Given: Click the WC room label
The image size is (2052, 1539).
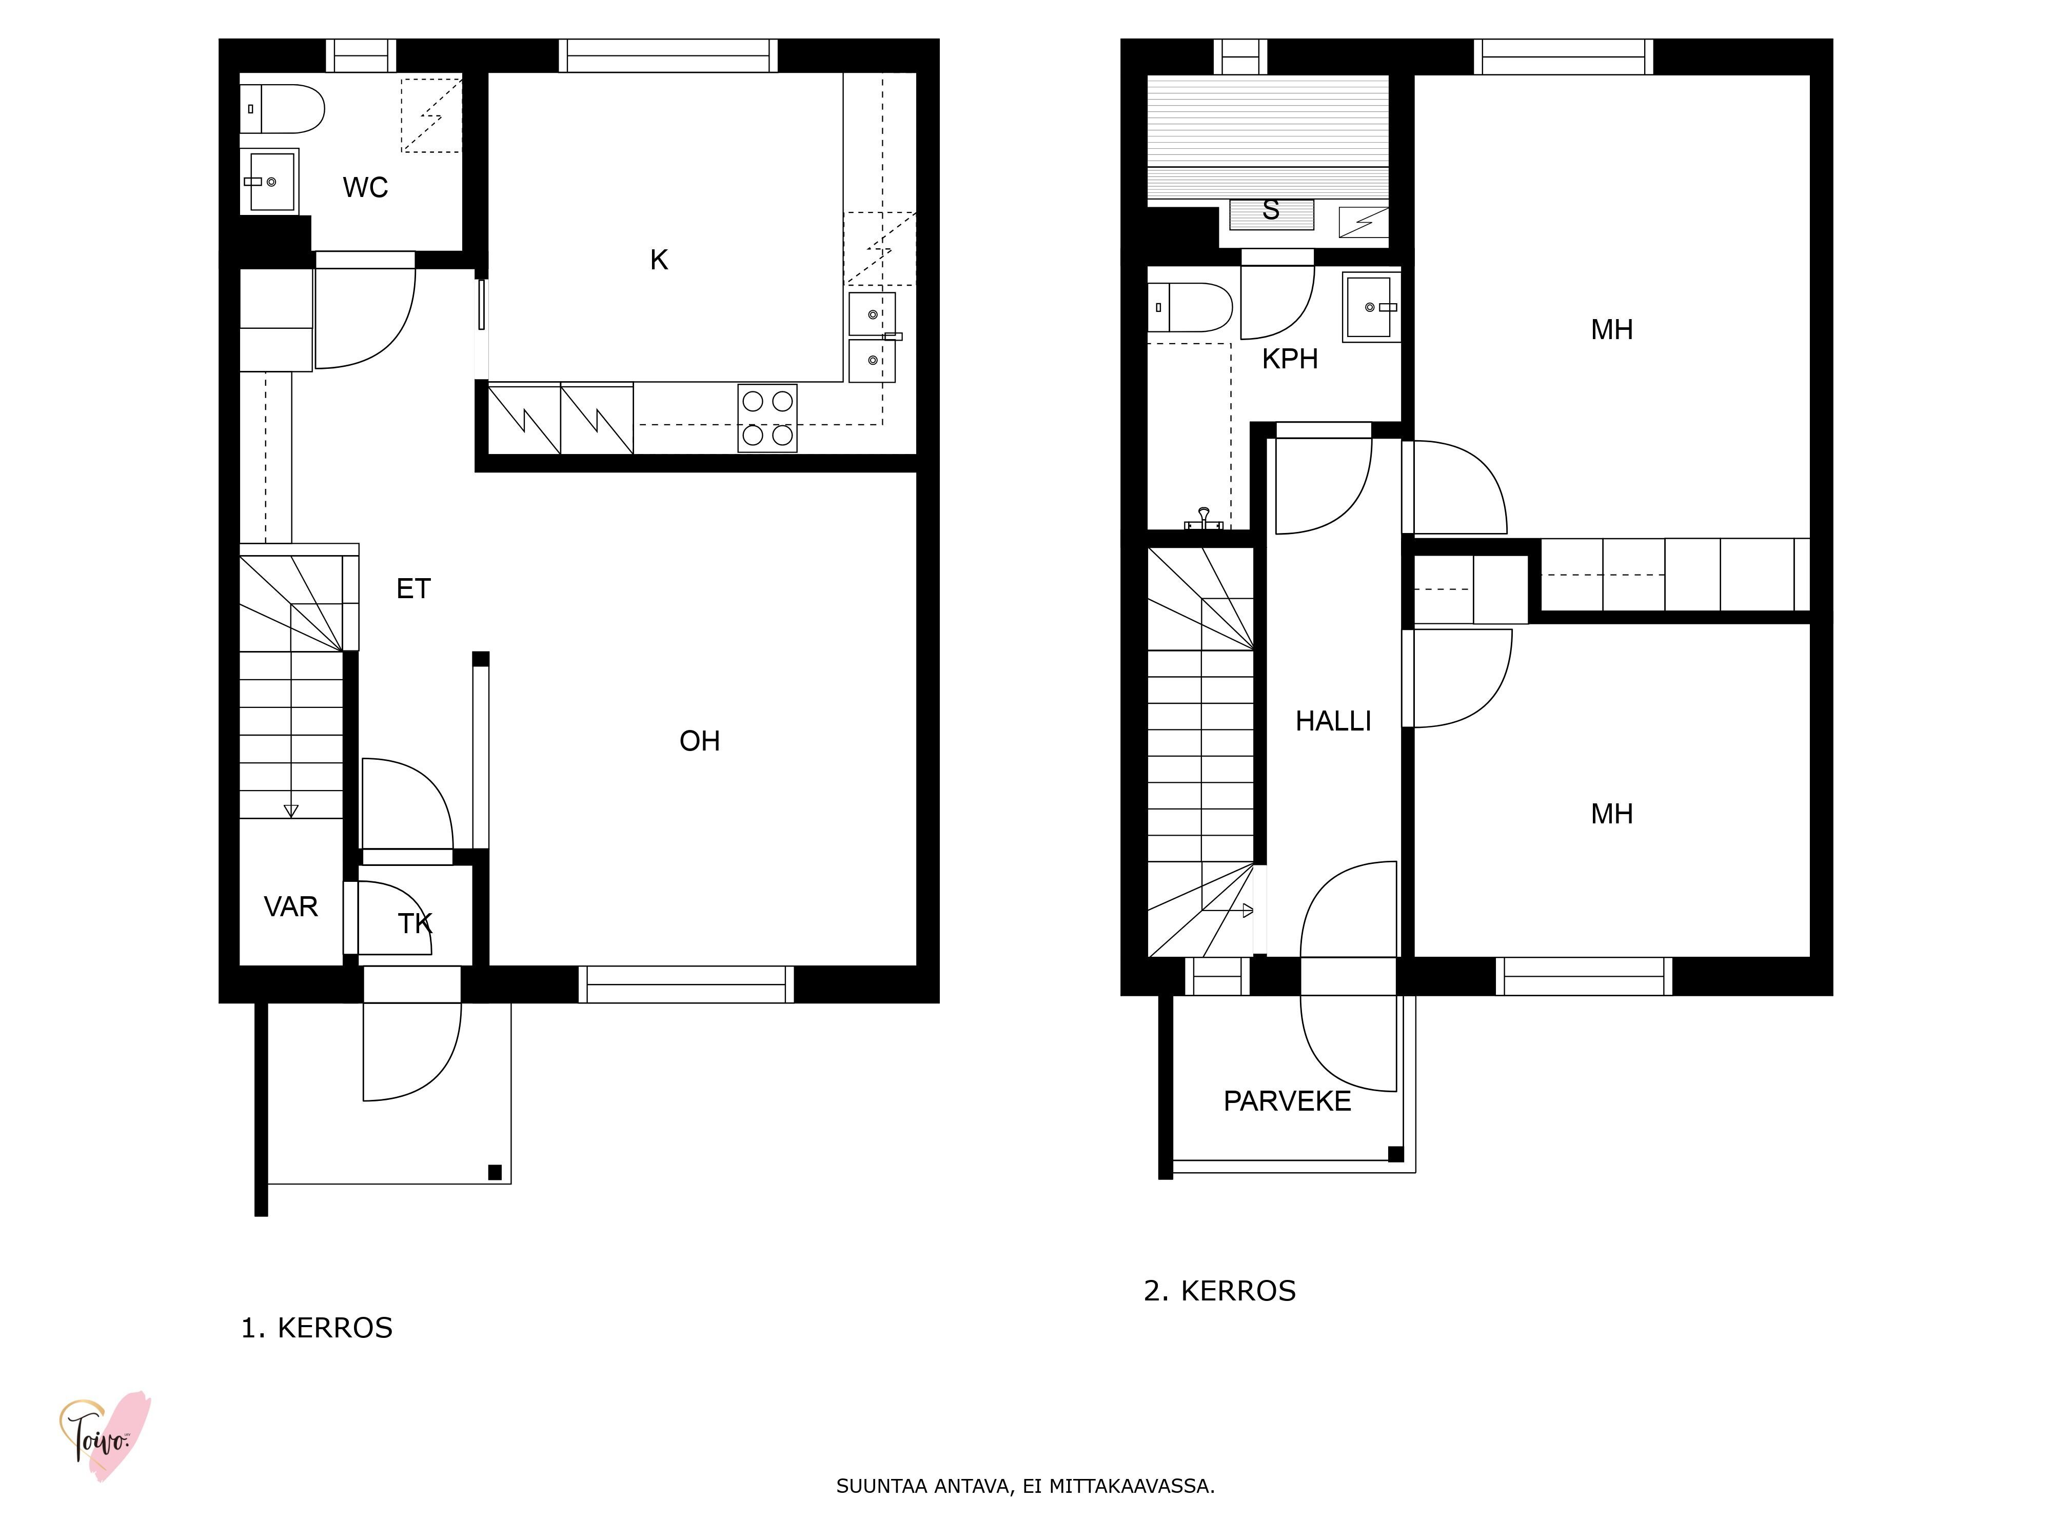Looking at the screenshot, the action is click(365, 187).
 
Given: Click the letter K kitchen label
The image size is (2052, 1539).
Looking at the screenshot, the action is click(659, 260).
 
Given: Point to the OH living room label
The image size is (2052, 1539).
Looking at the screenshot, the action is click(699, 740).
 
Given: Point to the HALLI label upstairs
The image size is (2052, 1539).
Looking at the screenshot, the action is click(1333, 721).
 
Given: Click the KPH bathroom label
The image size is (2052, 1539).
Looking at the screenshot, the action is click(1290, 358).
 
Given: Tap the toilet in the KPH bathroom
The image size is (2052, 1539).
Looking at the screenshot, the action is click(1190, 307).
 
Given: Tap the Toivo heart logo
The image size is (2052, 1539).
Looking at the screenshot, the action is click(105, 1436).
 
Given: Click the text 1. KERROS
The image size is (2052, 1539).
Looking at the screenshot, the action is click(317, 1328).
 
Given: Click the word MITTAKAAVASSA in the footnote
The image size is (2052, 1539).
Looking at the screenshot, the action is click(1132, 1486).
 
